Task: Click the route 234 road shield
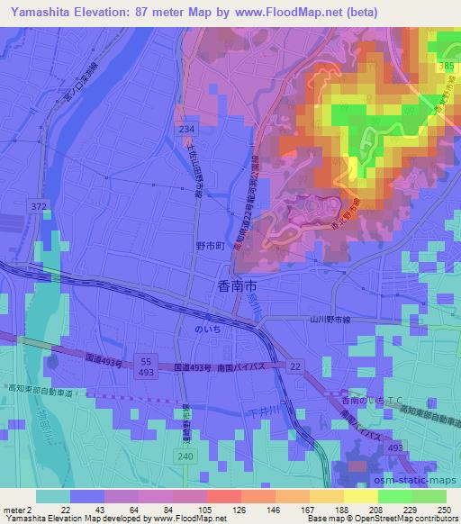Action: pyautogui.click(x=186, y=130)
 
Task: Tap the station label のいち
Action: pyautogui.click(x=207, y=330)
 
